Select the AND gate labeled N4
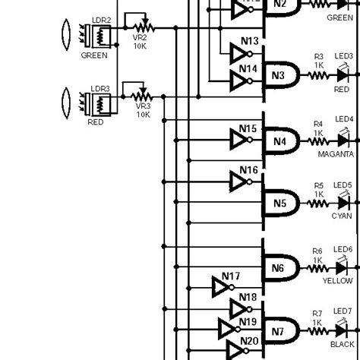[278, 140]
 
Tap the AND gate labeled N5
[278, 203]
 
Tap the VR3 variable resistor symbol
[141, 96]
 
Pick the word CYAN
[341, 216]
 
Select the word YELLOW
[337, 280]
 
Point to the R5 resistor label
[318, 185]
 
